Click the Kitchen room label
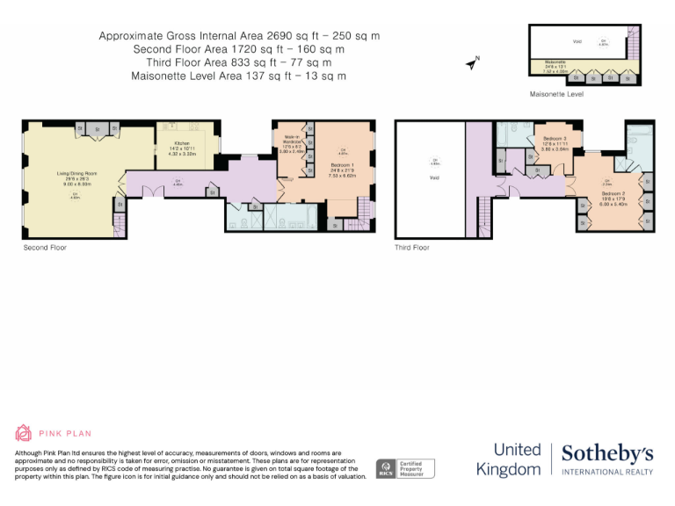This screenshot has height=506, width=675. [182, 142]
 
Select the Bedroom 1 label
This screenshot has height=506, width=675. [343, 164]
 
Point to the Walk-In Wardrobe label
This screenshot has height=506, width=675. [293, 138]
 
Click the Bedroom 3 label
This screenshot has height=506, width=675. [555, 139]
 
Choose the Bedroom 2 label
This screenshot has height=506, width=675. [613, 192]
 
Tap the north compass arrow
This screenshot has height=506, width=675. [472, 62]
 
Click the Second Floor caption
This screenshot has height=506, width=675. [45, 248]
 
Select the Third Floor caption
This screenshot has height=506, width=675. [412, 248]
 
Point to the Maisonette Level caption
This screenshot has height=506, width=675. [555, 93]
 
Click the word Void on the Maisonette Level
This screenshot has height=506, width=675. [577, 41]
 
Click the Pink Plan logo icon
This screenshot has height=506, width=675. [24, 433]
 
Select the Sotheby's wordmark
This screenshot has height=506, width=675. [607, 453]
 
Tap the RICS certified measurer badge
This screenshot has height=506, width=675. [405, 468]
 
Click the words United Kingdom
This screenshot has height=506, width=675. [508, 459]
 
